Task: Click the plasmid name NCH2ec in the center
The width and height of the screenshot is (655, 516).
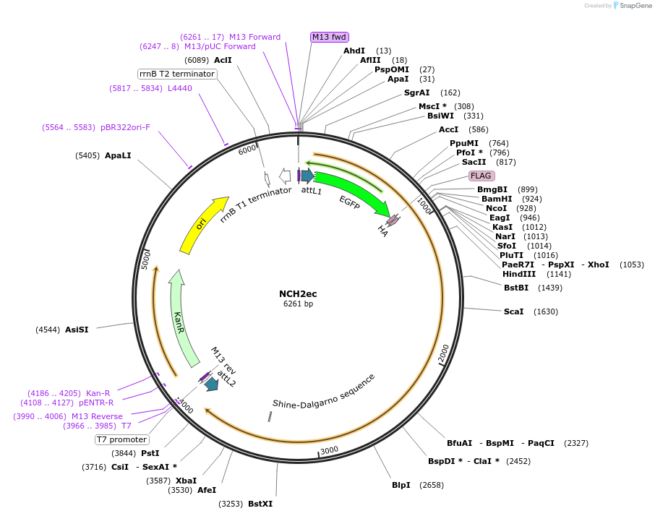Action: tap(298, 293)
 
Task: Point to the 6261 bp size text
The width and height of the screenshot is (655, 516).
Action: tap(298, 304)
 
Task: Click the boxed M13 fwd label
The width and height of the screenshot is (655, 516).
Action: tap(330, 37)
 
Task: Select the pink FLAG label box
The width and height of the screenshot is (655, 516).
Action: tap(481, 176)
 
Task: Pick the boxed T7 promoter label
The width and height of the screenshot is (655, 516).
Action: tap(122, 439)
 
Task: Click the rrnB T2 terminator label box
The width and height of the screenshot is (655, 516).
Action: tap(177, 74)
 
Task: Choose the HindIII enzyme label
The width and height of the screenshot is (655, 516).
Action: tap(518, 274)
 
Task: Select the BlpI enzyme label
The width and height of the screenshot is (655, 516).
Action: tap(402, 485)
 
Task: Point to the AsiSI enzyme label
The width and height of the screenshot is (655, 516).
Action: tap(77, 330)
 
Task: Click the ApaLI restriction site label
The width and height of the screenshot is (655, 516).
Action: tap(118, 155)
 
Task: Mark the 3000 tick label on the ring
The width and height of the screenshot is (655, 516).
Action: tap(329, 450)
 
